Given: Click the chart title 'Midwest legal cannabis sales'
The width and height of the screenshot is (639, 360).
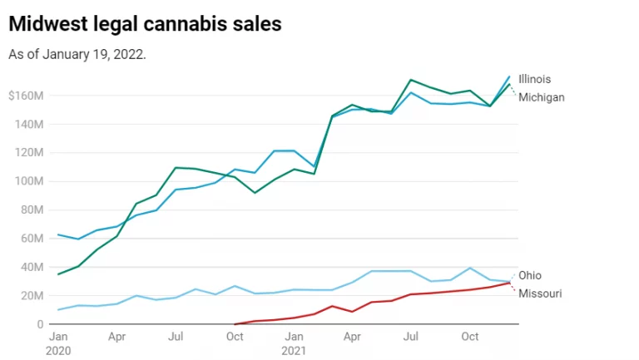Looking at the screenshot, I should point(145,24).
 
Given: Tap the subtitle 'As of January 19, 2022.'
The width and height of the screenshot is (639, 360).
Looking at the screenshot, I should point(77,54).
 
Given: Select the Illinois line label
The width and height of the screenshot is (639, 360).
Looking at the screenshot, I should point(534,79).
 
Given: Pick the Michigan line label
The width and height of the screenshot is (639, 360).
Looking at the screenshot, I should point(541,97).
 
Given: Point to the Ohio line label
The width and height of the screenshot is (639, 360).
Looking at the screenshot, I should point(530,275).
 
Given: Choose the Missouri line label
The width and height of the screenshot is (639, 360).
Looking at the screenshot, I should point(539,293).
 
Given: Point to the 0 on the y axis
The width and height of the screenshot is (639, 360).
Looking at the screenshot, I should point(37,324).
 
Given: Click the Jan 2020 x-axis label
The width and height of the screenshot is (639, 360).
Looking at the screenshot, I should point(58,343).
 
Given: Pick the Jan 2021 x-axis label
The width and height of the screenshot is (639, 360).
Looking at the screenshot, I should point(295,343).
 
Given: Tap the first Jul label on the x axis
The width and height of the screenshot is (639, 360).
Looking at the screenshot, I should point(176,337).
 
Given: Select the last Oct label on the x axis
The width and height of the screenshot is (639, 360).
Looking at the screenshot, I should point(470,337).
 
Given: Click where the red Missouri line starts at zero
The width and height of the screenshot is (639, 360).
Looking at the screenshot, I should point(235,324).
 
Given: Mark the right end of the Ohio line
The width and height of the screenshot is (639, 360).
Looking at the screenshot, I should point(509,282).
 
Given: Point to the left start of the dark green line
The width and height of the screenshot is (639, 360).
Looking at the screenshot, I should point(57,274).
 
